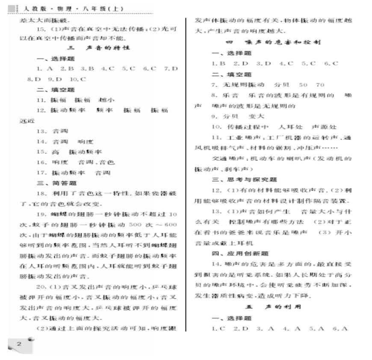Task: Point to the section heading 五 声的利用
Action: [x=273, y=307]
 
